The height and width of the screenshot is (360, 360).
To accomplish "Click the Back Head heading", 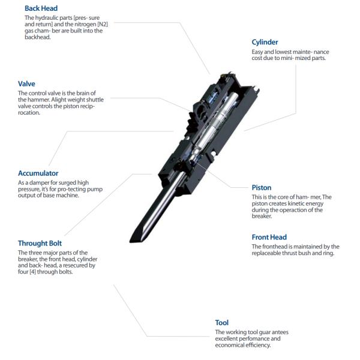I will click(41, 8).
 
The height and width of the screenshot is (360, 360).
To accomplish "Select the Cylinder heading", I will click(265, 42).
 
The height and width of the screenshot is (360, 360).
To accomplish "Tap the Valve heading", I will click(27, 84).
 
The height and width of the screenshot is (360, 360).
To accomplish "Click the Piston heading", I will click(262, 188).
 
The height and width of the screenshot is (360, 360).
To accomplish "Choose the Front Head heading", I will click(269, 237).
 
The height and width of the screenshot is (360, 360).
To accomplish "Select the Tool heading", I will click(221, 322).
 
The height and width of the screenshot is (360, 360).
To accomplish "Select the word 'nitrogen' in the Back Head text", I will click(85, 25).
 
